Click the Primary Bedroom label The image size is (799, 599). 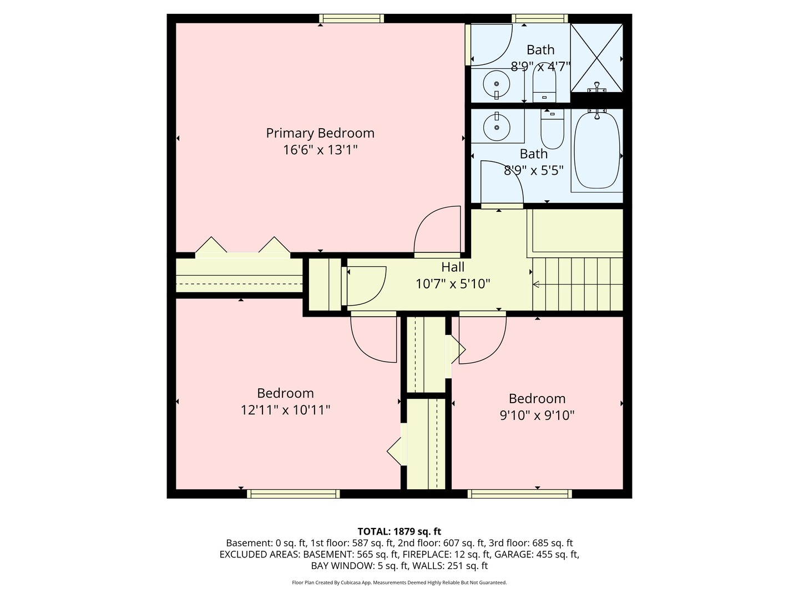coord(320,133)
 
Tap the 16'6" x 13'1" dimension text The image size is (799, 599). coord(320,150)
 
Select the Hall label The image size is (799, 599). coord(453,267)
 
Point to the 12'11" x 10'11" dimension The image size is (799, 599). coord(285,410)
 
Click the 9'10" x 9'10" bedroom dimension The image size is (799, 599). coord(537,415)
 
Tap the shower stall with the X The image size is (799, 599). coord(596,58)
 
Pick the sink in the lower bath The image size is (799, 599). coord(496,127)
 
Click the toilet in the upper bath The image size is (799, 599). coord(544,83)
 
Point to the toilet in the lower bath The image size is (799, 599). coord(552,129)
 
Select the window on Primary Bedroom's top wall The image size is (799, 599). coord(351,18)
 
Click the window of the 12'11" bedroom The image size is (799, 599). coord(293,494)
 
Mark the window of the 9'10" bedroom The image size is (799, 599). coord(519,494)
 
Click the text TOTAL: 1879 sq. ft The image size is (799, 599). coord(399,531)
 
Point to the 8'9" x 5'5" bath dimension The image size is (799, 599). coord(533,170)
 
